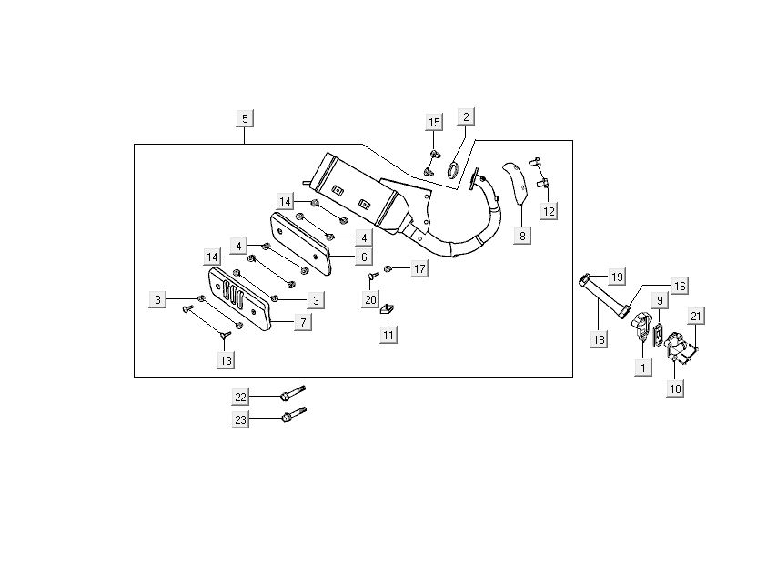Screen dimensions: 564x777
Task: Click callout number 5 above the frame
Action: coord(245,118)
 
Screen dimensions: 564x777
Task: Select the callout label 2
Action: coord(465,116)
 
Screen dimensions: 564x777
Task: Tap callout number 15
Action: coord(434,122)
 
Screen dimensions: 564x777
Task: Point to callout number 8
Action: coord(522,236)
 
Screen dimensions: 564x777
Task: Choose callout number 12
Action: coord(549,211)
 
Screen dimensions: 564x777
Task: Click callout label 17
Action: coord(419,268)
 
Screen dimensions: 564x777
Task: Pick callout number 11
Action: coord(388,336)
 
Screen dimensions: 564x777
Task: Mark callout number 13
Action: coord(226,360)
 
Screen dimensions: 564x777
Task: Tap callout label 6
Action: coord(338,257)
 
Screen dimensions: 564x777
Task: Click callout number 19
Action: coord(616,277)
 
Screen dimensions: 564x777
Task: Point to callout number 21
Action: coord(696,317)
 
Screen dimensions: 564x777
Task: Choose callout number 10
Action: coord(675,388)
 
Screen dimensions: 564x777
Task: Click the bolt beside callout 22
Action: coord(289,396)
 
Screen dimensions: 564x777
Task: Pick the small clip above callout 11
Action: coord(387,310)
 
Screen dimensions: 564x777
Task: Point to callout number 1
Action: coord(643,368)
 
